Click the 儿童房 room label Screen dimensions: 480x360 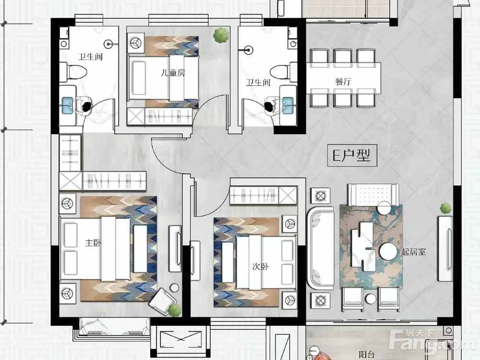click(173, 73)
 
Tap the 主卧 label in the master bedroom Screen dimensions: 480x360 click(93, 243)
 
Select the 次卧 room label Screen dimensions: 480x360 click(260, 266)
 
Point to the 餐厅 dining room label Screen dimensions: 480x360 click(343, 82)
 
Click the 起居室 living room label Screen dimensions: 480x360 click(414, 252)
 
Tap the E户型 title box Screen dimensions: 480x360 click(352, 156)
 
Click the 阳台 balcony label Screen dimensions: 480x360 click(366, 355)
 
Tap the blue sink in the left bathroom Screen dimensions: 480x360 click(67, 105)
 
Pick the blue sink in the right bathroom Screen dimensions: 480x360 click(288, 105)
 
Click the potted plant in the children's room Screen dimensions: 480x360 click(221, 35)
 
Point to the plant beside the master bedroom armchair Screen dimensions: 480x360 click(175, 310)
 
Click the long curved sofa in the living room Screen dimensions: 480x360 click(320, 248)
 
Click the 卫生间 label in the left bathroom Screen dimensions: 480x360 click(91, 57)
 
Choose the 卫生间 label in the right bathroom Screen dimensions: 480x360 click(258, 82)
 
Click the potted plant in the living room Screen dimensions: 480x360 click(446, 208)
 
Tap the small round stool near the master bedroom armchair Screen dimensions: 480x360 click(174, 288)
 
